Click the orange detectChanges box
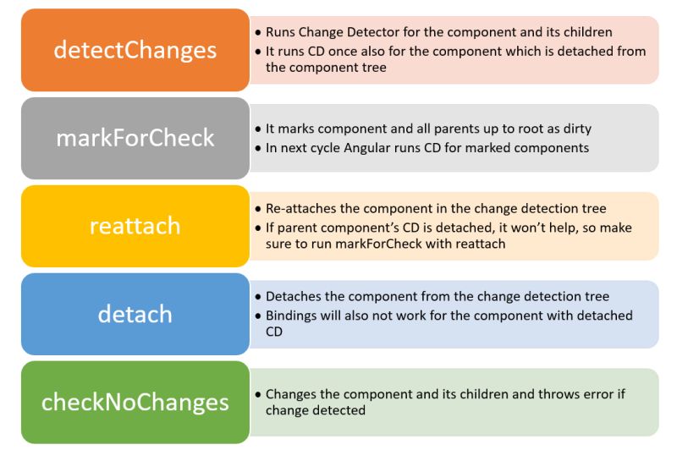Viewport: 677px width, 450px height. coord(135,50)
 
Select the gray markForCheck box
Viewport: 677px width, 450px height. coord(135,138)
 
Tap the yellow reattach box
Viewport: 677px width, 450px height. coord(135,226)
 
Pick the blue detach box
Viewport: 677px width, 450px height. coord(135,314)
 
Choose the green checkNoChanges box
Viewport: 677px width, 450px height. coord(135,402)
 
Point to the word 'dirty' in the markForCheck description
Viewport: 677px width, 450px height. coord(575,129)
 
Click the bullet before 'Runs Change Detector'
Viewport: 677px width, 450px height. coord(258,33)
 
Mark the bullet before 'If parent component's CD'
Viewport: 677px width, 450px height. coord(258,228)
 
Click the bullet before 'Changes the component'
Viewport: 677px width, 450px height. coord(258,395)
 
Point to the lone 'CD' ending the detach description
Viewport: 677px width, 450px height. coord(275,332)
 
